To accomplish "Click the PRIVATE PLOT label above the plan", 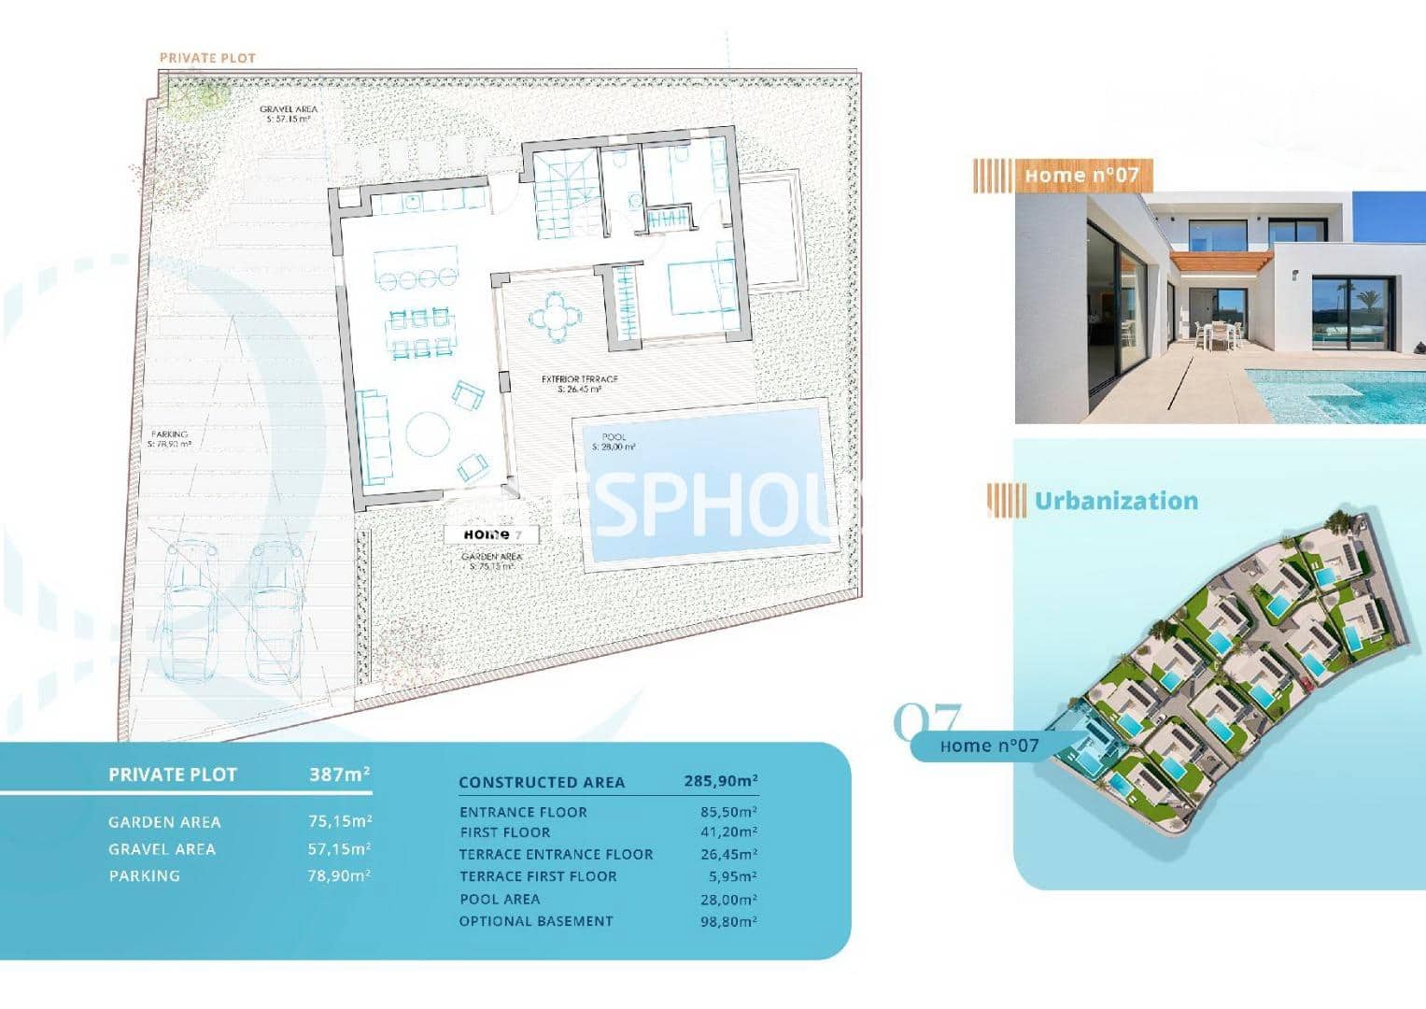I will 207,58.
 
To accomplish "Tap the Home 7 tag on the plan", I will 500,534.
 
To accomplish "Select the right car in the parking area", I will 274,611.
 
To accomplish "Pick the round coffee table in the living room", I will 427,433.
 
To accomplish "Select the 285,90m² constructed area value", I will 721,781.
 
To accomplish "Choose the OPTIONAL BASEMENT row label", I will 536,921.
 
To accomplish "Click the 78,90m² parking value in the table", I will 340,875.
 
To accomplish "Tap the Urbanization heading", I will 1116,501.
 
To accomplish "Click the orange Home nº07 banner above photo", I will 1081,175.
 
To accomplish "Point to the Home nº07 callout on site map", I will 989,746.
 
